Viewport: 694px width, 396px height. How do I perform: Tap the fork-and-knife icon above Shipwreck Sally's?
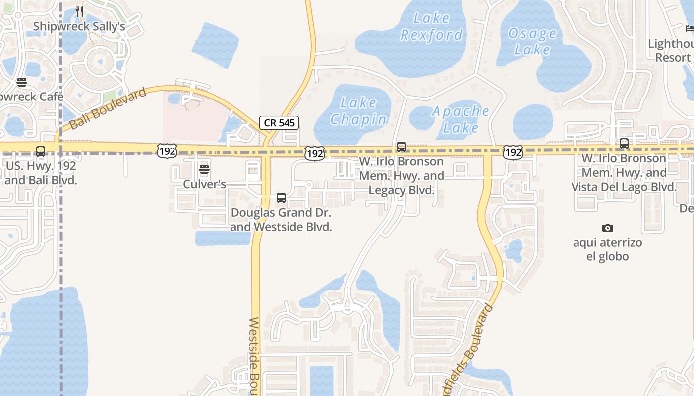[x=79, y=11]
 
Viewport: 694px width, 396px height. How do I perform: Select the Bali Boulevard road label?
[x=109, y=108]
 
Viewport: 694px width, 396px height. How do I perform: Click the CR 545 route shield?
[x=279, y=123]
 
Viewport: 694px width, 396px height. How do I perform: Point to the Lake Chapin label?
[x=358, y=111]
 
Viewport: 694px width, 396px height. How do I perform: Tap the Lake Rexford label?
[x=431, y=27]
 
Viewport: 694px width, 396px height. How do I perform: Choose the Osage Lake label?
[x=532, y=42]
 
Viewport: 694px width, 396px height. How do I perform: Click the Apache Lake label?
[x=461, y=119]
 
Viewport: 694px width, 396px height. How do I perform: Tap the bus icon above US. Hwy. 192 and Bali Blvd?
[x=41, y=151]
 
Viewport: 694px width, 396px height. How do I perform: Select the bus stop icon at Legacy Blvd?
[x=402, y=147]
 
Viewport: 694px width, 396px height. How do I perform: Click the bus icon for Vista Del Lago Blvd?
[x=624, y=144]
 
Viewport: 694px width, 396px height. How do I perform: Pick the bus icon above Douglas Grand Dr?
[x=281, y=198]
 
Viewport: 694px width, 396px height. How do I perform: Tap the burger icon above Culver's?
[x=204, y=170]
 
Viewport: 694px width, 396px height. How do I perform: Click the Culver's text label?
[x=204, y=184]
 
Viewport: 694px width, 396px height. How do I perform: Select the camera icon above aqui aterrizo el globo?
[x=607, y=228]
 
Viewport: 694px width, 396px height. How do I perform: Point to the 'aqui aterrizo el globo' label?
[x=607, y=249]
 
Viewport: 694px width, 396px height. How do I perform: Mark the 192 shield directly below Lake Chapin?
[x=315, y=153]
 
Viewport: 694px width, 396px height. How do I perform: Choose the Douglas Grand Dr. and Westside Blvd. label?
[x=281, y=220]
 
